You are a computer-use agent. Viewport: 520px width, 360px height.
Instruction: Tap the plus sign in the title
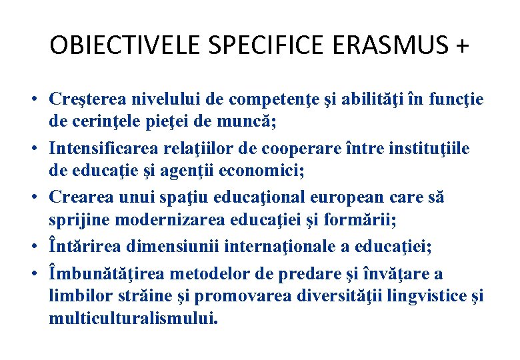point(460,45)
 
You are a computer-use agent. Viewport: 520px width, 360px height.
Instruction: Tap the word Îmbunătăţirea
point(104,274)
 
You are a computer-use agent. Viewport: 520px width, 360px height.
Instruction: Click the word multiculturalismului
point(133,319)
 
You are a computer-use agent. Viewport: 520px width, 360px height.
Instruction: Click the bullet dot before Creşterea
point(32,101)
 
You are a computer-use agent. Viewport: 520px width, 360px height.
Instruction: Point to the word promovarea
point(244,296)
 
